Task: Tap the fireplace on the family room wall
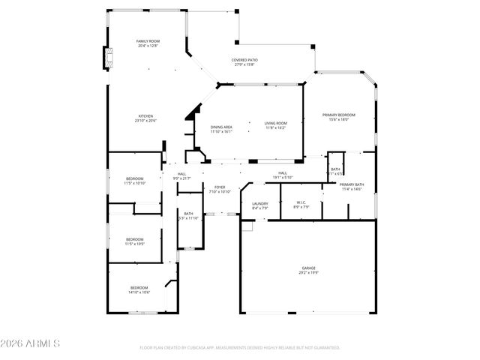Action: (109, 58)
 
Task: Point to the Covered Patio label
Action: (244, 61)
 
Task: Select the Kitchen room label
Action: (145, 118)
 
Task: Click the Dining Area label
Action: (221, 129)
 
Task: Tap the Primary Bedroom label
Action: (338, 117)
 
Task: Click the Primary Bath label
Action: (352, 187)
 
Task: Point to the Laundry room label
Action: (260, 205)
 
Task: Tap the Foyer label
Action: (220, 189)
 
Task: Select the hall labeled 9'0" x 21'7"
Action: (182, 176)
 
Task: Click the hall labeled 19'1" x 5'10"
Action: (282, 175)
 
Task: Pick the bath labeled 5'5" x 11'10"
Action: (188, 216)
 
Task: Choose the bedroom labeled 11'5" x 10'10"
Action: (134, 180)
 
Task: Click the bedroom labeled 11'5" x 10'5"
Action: (134, 241)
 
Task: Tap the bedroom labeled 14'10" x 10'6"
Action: (139, 289)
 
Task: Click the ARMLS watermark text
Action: (31, 343)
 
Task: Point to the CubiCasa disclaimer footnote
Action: (240, 348)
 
